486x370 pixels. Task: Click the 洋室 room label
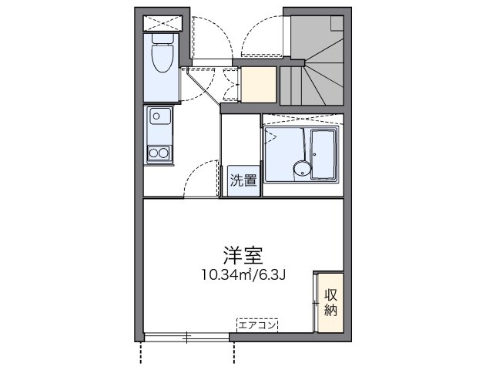point(242,255)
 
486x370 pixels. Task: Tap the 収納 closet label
point(330,301)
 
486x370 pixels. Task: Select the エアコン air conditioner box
point(258,325)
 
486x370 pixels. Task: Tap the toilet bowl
point(163,56)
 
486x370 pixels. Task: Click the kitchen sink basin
point(161,119)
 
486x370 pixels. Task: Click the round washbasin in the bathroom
point(300,170)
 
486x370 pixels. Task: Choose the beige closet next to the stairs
point(259,85)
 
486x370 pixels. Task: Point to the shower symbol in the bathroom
point(271,137)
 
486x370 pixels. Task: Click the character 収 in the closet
point(330,294)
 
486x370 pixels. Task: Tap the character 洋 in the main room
point(232,255)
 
